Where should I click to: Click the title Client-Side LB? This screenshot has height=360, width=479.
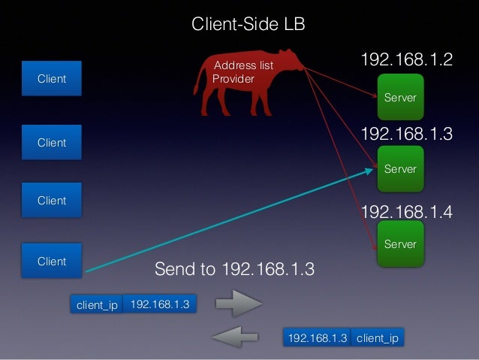(x=249, y=25)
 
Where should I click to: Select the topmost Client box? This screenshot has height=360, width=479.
(x=52, y=79)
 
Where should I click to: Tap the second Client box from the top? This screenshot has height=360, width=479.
(x=52, y=143)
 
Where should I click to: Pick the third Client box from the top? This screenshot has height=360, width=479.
(x=52, y=201)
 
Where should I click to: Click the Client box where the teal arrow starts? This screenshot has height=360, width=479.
(x=52, y=262)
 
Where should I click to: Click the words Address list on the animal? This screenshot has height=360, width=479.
(x=244, y=66)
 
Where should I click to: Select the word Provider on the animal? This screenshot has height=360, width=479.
(x=233, y=79)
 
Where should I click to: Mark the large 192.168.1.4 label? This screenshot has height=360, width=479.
(x=407, y=212)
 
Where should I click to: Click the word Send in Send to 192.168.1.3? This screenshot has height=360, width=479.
(x=172, y=269)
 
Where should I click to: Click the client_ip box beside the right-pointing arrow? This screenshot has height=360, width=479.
(x=97, y=305)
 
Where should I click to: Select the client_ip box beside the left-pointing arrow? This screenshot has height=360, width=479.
(x=378, y=337)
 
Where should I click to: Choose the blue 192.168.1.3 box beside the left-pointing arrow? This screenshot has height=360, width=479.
(x=318, y=337)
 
